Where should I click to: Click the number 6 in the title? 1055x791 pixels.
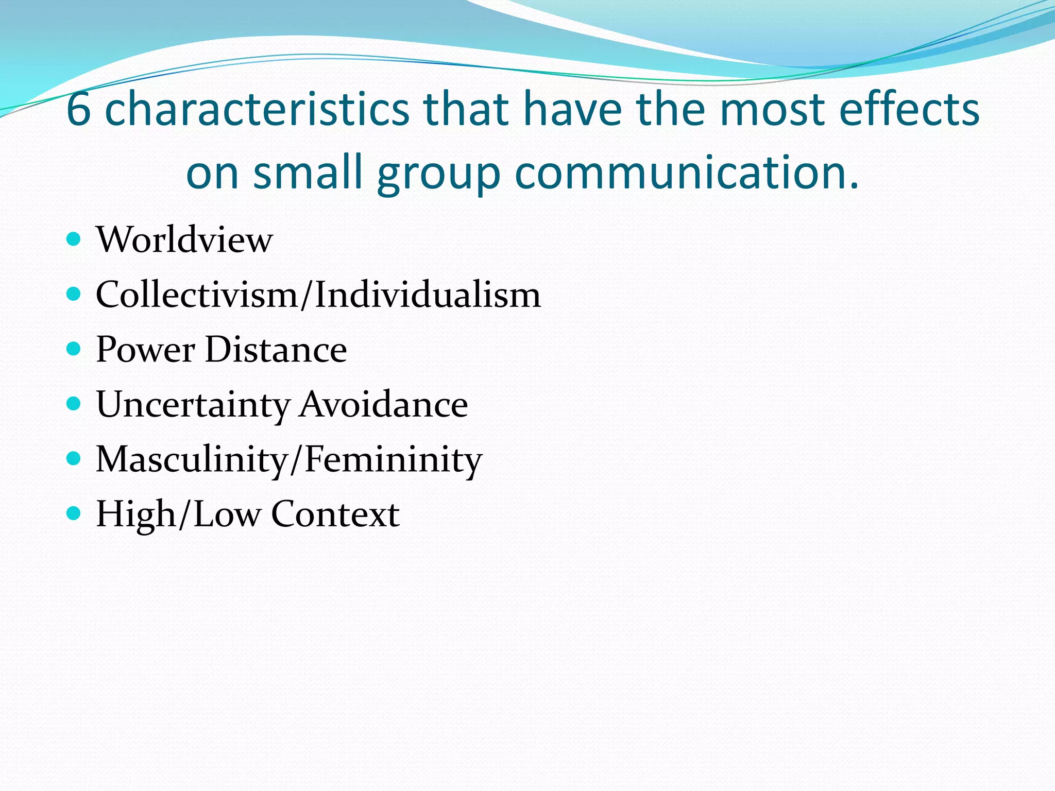click(x=78, y=109)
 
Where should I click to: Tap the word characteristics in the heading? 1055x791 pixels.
click(x=257, y=109)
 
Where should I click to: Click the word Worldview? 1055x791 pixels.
click(x=184, y=240)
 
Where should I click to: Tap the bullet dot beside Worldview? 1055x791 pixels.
click(x=74, y=239)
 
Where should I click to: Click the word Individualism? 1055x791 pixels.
click(x=428, y=295)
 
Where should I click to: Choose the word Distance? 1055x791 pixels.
click(x=276, y=350)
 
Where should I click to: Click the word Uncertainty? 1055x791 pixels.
click(x=193, y=405)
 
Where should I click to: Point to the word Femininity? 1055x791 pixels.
click(x=394, y=460)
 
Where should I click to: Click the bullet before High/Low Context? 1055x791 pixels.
click(x=74, y=513)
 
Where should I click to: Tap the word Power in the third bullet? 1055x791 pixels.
click(x=145, y=350)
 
